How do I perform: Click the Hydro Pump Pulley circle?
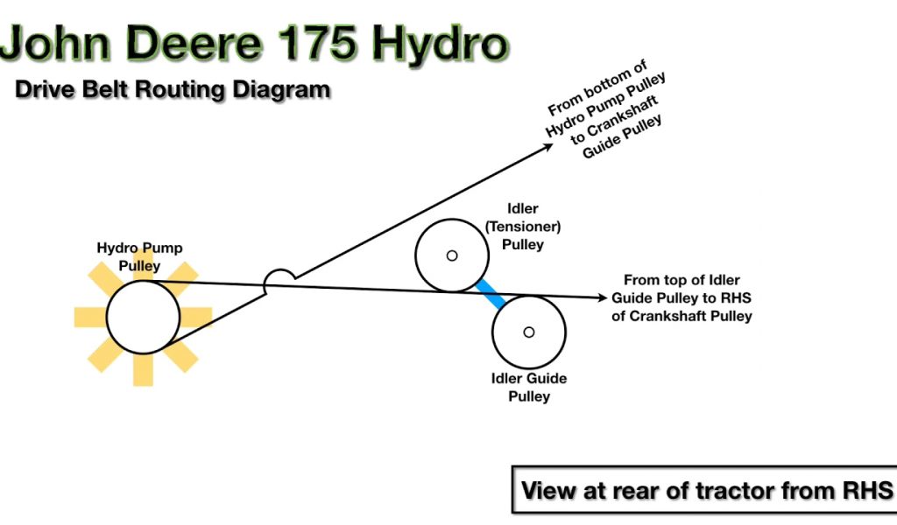(143, 317)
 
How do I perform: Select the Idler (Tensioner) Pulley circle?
(451, 255)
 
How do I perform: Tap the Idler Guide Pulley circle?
(528, 332)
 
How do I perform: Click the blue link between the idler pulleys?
(490, 293)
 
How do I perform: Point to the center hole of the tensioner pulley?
(452, 255)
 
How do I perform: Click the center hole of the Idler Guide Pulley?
(528, 332)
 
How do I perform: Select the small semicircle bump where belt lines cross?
(279, 278)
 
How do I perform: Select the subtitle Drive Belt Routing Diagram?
(172, 89)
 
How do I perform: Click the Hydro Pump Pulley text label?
(139, 256)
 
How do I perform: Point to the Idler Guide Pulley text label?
(528, 387)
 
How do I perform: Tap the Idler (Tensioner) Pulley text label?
(523, 227)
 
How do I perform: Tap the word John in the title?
(61, 44)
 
